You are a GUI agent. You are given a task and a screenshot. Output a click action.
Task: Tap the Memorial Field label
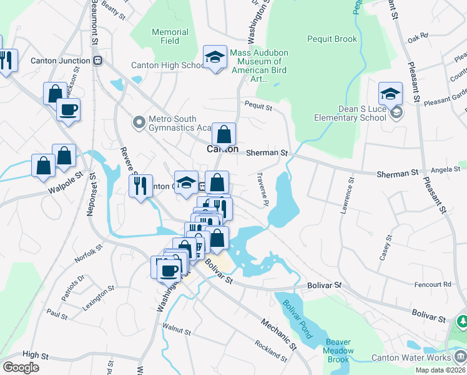(x=170, y=36)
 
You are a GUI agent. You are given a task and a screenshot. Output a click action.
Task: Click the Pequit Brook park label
(x=332, y=39)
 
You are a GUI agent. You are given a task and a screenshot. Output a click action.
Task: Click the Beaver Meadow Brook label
(x=338, y=351)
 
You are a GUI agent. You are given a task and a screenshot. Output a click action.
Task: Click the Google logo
(x=21, y=367)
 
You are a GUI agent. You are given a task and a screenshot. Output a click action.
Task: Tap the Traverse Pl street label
(x=262, y=190)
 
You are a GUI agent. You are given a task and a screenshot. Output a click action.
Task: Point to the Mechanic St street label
(x=278, y=334)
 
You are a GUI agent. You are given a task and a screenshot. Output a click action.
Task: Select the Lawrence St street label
(x=347, y=197)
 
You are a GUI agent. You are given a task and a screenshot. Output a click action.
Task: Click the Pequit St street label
(x=258, y=107)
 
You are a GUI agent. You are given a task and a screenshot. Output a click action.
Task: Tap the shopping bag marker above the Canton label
(x=223, y=134)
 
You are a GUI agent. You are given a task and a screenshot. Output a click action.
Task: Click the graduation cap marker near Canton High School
(x=215, y=57)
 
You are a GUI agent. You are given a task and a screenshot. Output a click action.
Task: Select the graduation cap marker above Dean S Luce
(x=390, y=94)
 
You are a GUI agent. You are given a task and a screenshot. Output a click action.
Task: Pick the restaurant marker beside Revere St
(x=140, y=186)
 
